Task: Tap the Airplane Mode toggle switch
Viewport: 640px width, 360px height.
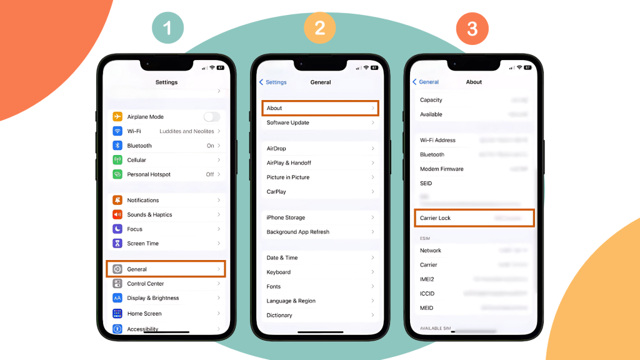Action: [212, 117]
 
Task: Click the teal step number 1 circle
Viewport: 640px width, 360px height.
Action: [167, 28]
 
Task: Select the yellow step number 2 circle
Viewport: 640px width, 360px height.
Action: [320, 28]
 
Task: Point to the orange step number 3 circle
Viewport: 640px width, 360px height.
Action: [472, 28]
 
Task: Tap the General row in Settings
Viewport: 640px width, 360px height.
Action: [166, 269]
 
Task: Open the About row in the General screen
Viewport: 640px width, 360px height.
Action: [320, 108]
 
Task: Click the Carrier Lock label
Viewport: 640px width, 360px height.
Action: [436, 218]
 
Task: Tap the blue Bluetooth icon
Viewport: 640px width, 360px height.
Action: [117, 146]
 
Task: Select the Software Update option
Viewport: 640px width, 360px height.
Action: [288, 122]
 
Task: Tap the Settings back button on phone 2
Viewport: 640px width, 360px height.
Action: [273, 82]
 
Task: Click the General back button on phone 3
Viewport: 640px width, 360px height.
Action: [426, 82]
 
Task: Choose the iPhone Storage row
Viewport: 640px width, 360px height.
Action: [286, 217]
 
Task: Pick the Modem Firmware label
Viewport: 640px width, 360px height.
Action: [442, 169]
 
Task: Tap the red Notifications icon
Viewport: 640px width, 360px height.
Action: [117, 200]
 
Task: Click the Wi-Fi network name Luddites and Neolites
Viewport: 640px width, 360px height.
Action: [186, 131]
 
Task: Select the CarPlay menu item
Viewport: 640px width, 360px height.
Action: [276, 192]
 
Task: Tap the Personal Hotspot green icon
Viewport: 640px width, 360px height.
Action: [117, 174]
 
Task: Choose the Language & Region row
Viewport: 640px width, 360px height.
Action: [291, 301]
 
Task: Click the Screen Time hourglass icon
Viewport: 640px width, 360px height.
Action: [117, 243]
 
